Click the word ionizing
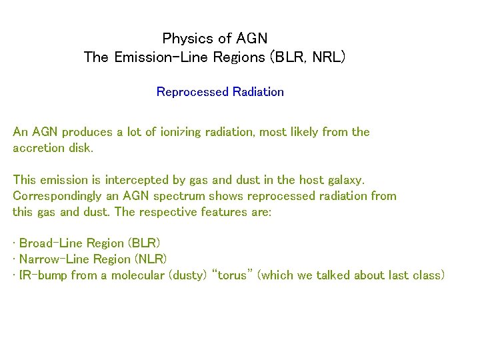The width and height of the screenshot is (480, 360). coord(181,132)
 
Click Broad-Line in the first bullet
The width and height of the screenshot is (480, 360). coord(47,243)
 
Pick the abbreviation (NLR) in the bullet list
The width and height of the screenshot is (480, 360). coord(151,259)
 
